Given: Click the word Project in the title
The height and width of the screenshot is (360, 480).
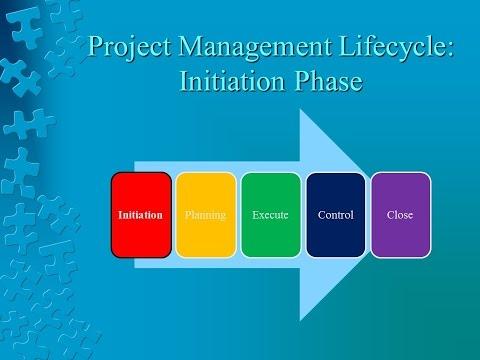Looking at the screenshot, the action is pyautogui.click(x=130, y=47).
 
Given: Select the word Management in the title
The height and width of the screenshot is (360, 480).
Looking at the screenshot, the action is pyautogui.click(x=255, y=47).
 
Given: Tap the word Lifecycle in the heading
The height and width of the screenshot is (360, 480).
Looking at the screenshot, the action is pyautogui.click(x=393, y=47).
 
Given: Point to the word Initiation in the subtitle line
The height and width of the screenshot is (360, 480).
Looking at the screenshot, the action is pyautogui.click(x=232, y=81).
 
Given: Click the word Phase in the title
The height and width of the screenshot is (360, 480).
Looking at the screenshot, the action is pyautogui.click(x=328, y=81).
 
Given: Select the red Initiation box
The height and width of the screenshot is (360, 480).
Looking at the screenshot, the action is pyautogui.click(x=141, y=215).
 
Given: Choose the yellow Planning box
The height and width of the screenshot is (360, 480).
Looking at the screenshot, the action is pyautogui.click(x=206, y=215).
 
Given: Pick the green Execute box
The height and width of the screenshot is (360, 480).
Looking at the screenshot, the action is pyautogui.click(x=271, y=215).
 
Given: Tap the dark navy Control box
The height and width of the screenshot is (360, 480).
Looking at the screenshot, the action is pyautogui.click(x=336, y=215).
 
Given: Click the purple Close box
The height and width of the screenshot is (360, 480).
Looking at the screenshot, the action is pyautogui.click(x=401, y=215).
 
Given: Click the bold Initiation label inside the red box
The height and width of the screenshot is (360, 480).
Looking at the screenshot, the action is pyautogui.click(x=140, y=215).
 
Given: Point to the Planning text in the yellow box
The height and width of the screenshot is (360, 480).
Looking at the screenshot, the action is pyautogui.click(x=205, y=215).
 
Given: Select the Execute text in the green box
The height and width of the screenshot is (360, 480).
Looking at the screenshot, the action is pyautogui.click(x=270, y=215).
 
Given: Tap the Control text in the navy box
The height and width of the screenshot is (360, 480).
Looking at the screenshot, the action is pyautogui.click(x=336, y=215).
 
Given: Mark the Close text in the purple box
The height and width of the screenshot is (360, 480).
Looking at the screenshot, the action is pyautogui.click(x=400, y=215).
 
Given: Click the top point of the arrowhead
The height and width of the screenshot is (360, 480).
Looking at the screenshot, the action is pyautogui.click(x=300, y=109).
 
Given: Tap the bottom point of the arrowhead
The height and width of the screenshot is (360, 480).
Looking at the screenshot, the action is pyautogui.click(x=300, y=321).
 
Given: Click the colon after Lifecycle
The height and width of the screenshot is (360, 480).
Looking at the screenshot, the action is pyautogui.click(x=450, y=49).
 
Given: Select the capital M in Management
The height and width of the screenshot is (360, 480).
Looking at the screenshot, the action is pyautogui.click(x=191, y=46).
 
